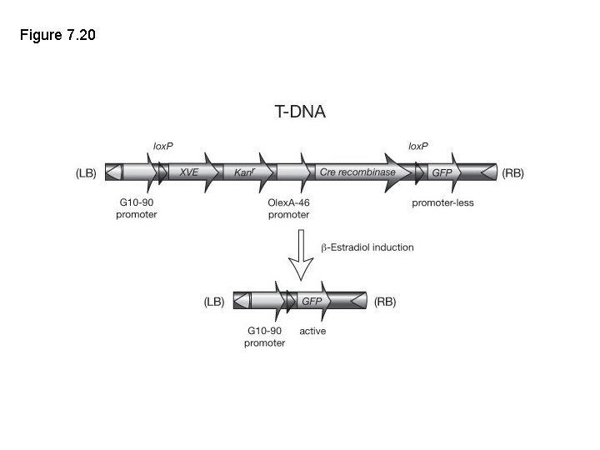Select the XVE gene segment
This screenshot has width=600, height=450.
(x=190, y=172)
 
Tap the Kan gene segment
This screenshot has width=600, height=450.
(x=242, y=172)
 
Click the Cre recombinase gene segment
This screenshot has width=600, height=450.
(x=357, y=172)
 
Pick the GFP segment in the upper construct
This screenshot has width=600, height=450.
(x=442, y=172)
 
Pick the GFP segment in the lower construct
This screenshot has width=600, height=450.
(x=312, y=301)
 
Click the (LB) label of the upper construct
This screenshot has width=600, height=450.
(x=87, y=173)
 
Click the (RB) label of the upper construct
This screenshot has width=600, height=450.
(x=512, y=173)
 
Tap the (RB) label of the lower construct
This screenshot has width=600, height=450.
(x=384, y=302)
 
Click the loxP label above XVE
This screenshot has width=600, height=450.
(x=162, y=146)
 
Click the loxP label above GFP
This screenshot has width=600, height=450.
(x=417, y=146)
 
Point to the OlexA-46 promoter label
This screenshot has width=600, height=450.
(x=288, y=208)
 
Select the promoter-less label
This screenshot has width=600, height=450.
(x=442, y=202)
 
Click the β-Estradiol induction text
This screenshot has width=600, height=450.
(x=367, y=247)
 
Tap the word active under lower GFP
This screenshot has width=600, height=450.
(x=312, y=331)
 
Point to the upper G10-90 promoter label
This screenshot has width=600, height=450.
(x=136, y=208)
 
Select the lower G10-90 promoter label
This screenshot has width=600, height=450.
(x=264, y=337)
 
